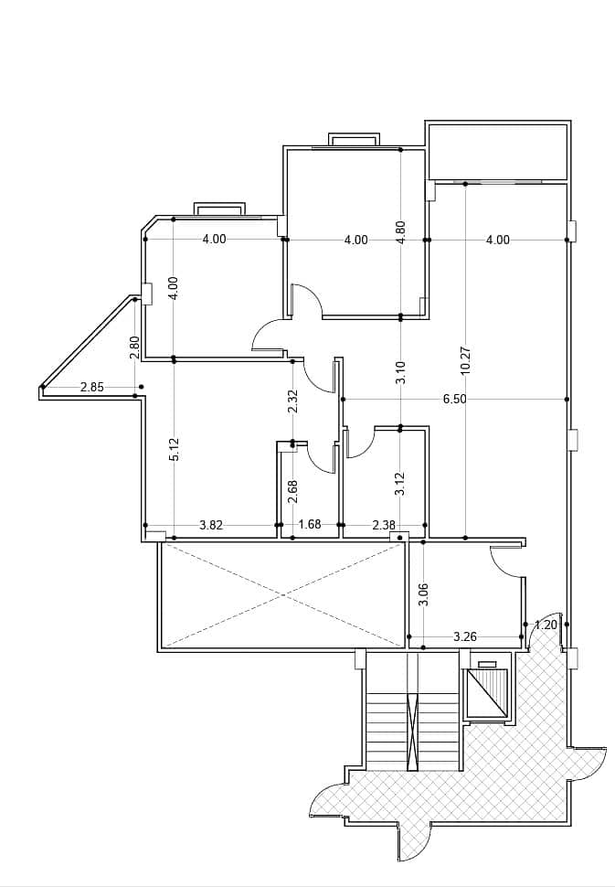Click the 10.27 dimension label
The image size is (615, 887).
[x=466, y=360]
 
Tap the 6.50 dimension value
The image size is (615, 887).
[x=455, y=400]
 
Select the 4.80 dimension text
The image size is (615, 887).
[x=401, y=232]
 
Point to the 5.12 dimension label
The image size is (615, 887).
[x=175, y=450]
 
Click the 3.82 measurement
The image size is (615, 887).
[x=211, y=526]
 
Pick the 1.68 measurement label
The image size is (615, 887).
[x=310, y=524]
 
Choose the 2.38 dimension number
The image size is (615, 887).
[x=385, y=526]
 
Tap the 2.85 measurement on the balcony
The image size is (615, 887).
[x=92, y=388]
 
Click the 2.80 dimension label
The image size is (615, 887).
[x=134, y=347]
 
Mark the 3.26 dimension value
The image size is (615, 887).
[x=465, y=637]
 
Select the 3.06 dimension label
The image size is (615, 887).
[x=425, y=594]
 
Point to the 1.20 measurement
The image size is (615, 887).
[x=546, y=625]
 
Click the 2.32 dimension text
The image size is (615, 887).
[x=292, y=401]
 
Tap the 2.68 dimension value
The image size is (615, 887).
[x=292, y=492]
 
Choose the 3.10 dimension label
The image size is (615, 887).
[x=401, y=373]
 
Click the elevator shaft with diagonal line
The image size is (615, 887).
[x=485, y=693]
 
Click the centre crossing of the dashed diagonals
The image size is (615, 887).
[x=282, y=594]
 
